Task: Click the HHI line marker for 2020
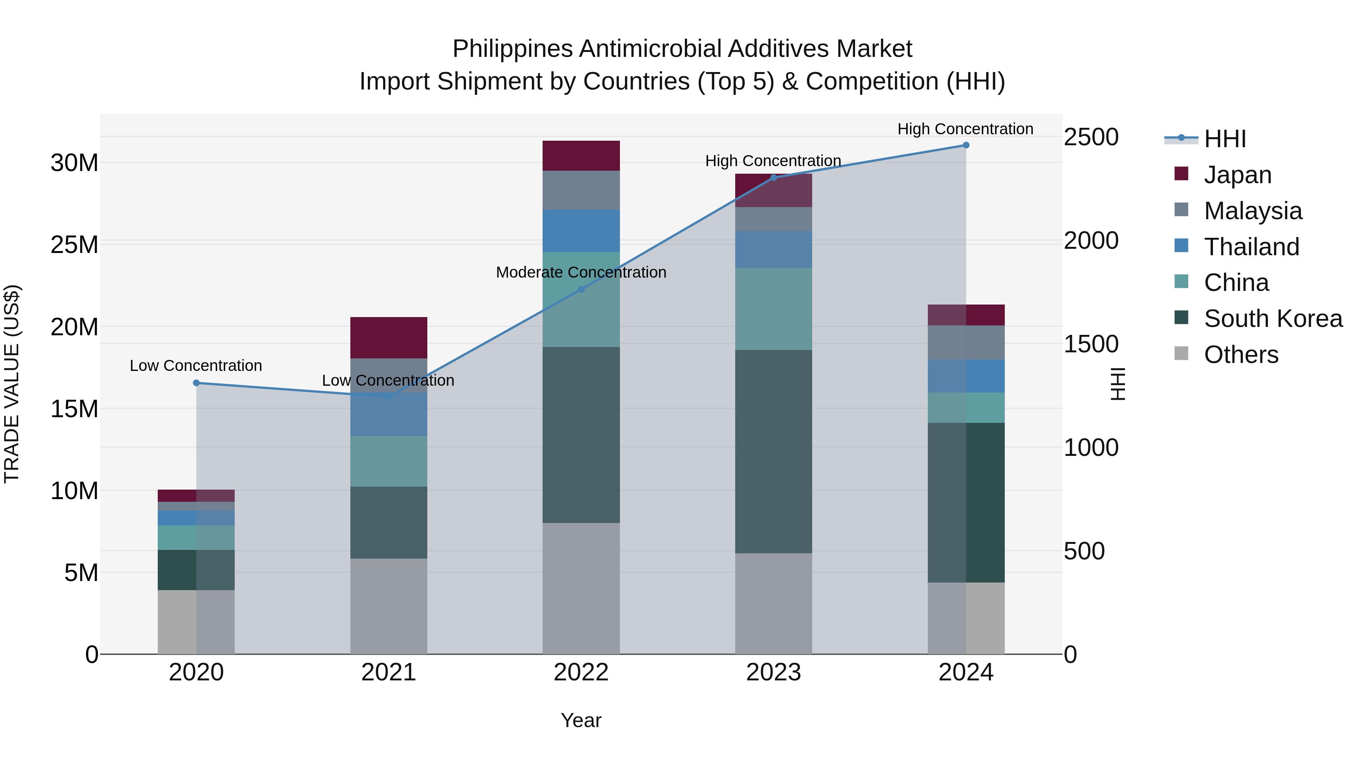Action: [196, 383]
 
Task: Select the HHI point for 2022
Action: [581, 289]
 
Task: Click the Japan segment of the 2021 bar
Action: [388, 338]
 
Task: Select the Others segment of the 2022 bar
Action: [581, 588]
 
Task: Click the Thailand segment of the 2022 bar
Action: [581, 231]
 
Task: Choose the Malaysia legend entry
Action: [1253, 211]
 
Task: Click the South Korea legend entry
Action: [1273, 319]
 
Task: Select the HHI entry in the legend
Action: [1224, 139]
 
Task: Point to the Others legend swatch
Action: [1181, 353]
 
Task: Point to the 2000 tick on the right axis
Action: [1091, 240]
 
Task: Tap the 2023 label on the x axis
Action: [773, 672]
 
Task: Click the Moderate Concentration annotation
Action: [581, 272]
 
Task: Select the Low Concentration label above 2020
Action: [196, 366]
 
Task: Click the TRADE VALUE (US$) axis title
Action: [12, 384]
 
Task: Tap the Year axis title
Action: [581, 720]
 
